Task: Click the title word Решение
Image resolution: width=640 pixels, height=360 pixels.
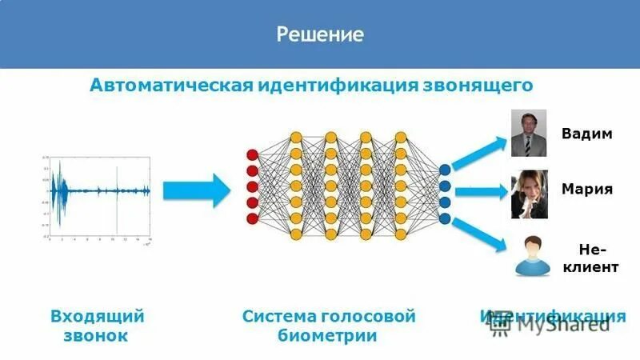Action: click(x=320, y=34)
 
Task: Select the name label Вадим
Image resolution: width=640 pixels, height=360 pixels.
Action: click(x=586, y=134)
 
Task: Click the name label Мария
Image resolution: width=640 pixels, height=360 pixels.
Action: click(x=586, y=190)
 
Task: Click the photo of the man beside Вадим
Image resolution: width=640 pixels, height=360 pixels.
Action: click(x=528, y=133)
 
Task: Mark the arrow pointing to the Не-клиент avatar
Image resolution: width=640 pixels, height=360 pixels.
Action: click(x=480, y=232)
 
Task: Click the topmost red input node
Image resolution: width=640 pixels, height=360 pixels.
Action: click(x=252, y=154)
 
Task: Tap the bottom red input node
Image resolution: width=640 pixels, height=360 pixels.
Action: click(x=252, y=218)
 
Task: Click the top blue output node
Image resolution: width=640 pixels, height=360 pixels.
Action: click(x=445, y=169)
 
